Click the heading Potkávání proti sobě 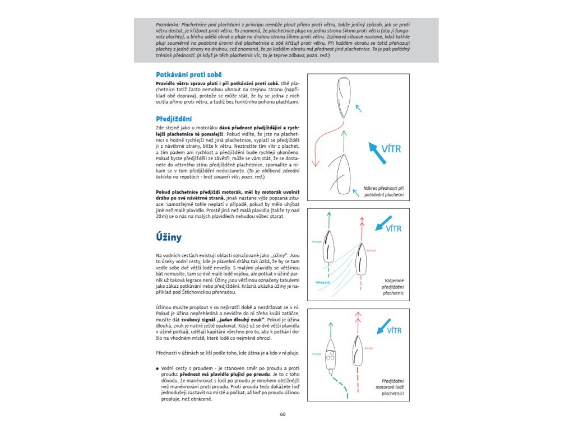[188, 74]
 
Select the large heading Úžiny [168, 237]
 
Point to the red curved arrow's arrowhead [316, 163]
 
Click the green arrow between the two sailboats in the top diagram [341, 140]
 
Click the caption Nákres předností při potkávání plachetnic [384, 191]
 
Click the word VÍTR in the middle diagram [390, 228]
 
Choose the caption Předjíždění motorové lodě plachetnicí [390, 387]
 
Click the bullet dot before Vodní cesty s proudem [158, 368]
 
